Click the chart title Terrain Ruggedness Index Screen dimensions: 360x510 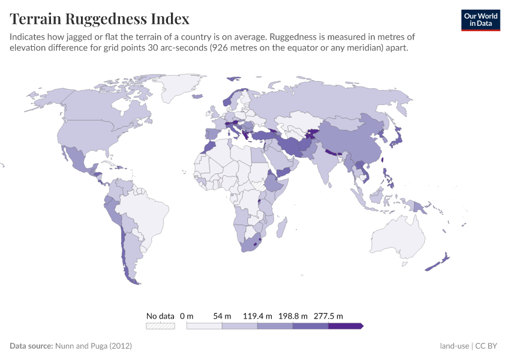pyautogui.click(x=100, y=19)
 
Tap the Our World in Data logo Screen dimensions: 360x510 pyautogui.click(x=480, y=19)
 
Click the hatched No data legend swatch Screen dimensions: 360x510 pyautogui.click(x=160, y=326)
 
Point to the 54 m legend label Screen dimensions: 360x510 pyautogui.click(x=221, y=316)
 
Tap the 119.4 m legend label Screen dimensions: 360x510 pyautogui.click(x=257, y=316)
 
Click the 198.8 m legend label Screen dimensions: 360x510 pyautogui.click(x=293, y=316)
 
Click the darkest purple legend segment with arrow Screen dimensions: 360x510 pyautogui.click(x=346, y=326)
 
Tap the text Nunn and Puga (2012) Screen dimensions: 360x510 pyautogui.click(x=93, y=346)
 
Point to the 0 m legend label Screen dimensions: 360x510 pyautogui.click(x=187, y=316)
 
